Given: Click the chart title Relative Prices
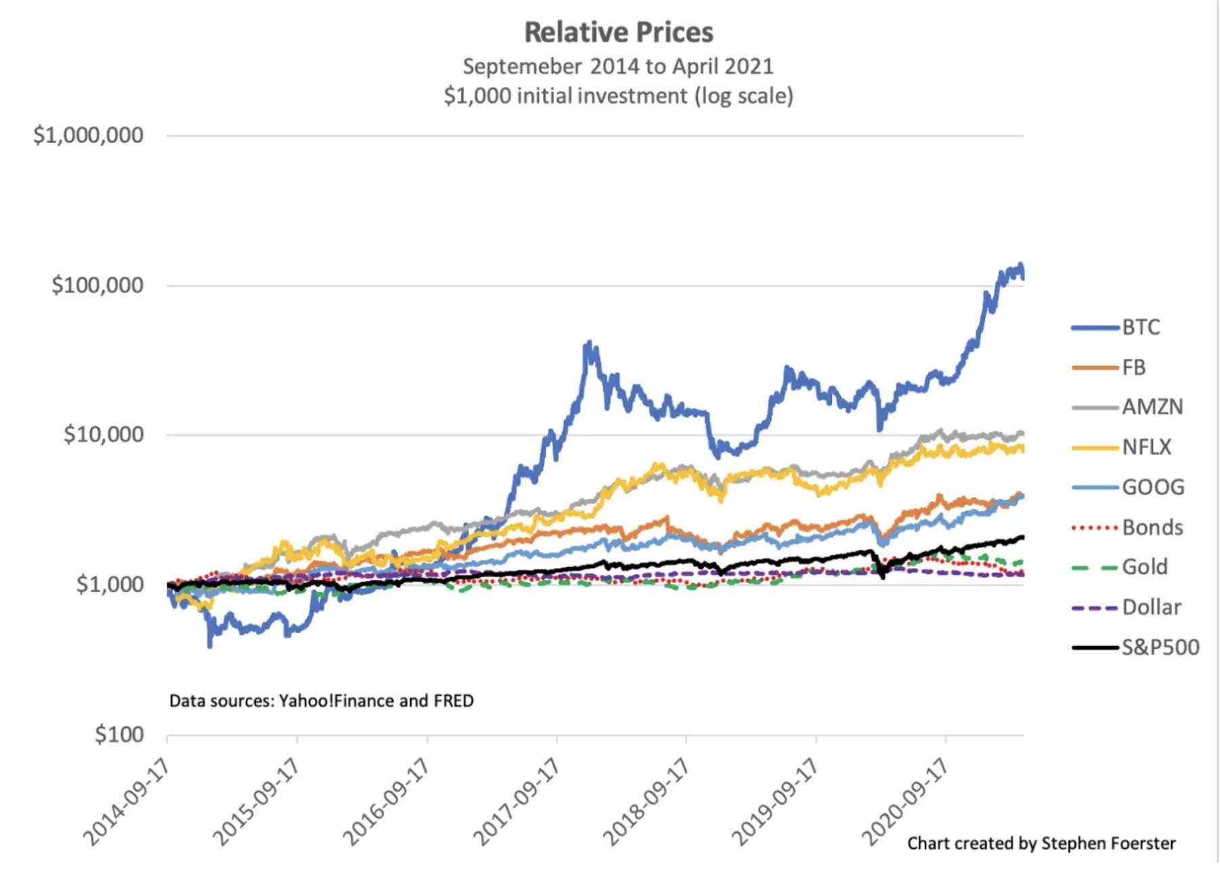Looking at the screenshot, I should (x=618, y=32).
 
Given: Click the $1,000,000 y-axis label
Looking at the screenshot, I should (x=88, y=135).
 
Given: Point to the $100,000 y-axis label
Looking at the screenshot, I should (x=97, y=285).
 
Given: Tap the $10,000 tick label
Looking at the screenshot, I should (x=104, y=435).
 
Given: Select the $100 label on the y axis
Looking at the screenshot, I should (x=119, y=734).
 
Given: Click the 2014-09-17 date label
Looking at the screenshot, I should (x=126, y=803).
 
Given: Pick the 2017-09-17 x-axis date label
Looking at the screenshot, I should (x=517, y=803).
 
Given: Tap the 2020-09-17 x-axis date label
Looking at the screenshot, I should (x=905, y=803).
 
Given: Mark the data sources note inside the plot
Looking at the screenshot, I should (x=322, y=701).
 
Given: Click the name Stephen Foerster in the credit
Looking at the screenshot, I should (x=1108, y=843).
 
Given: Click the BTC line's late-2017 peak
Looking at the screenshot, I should (x=589, y=343).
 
